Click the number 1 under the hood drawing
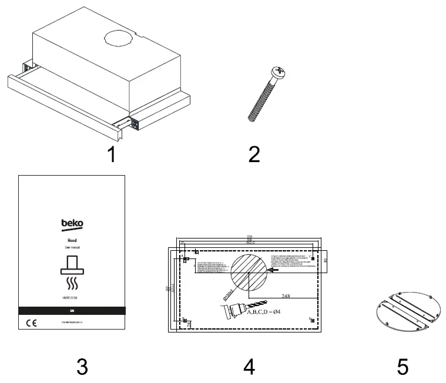[111, 155]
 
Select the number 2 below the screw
[254, 155]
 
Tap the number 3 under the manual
[82, 367]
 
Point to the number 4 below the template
[249, 367]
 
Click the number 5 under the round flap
[403, 367]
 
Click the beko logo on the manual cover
[72, 224]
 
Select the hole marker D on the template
[310, 319]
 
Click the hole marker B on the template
[186, 321]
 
